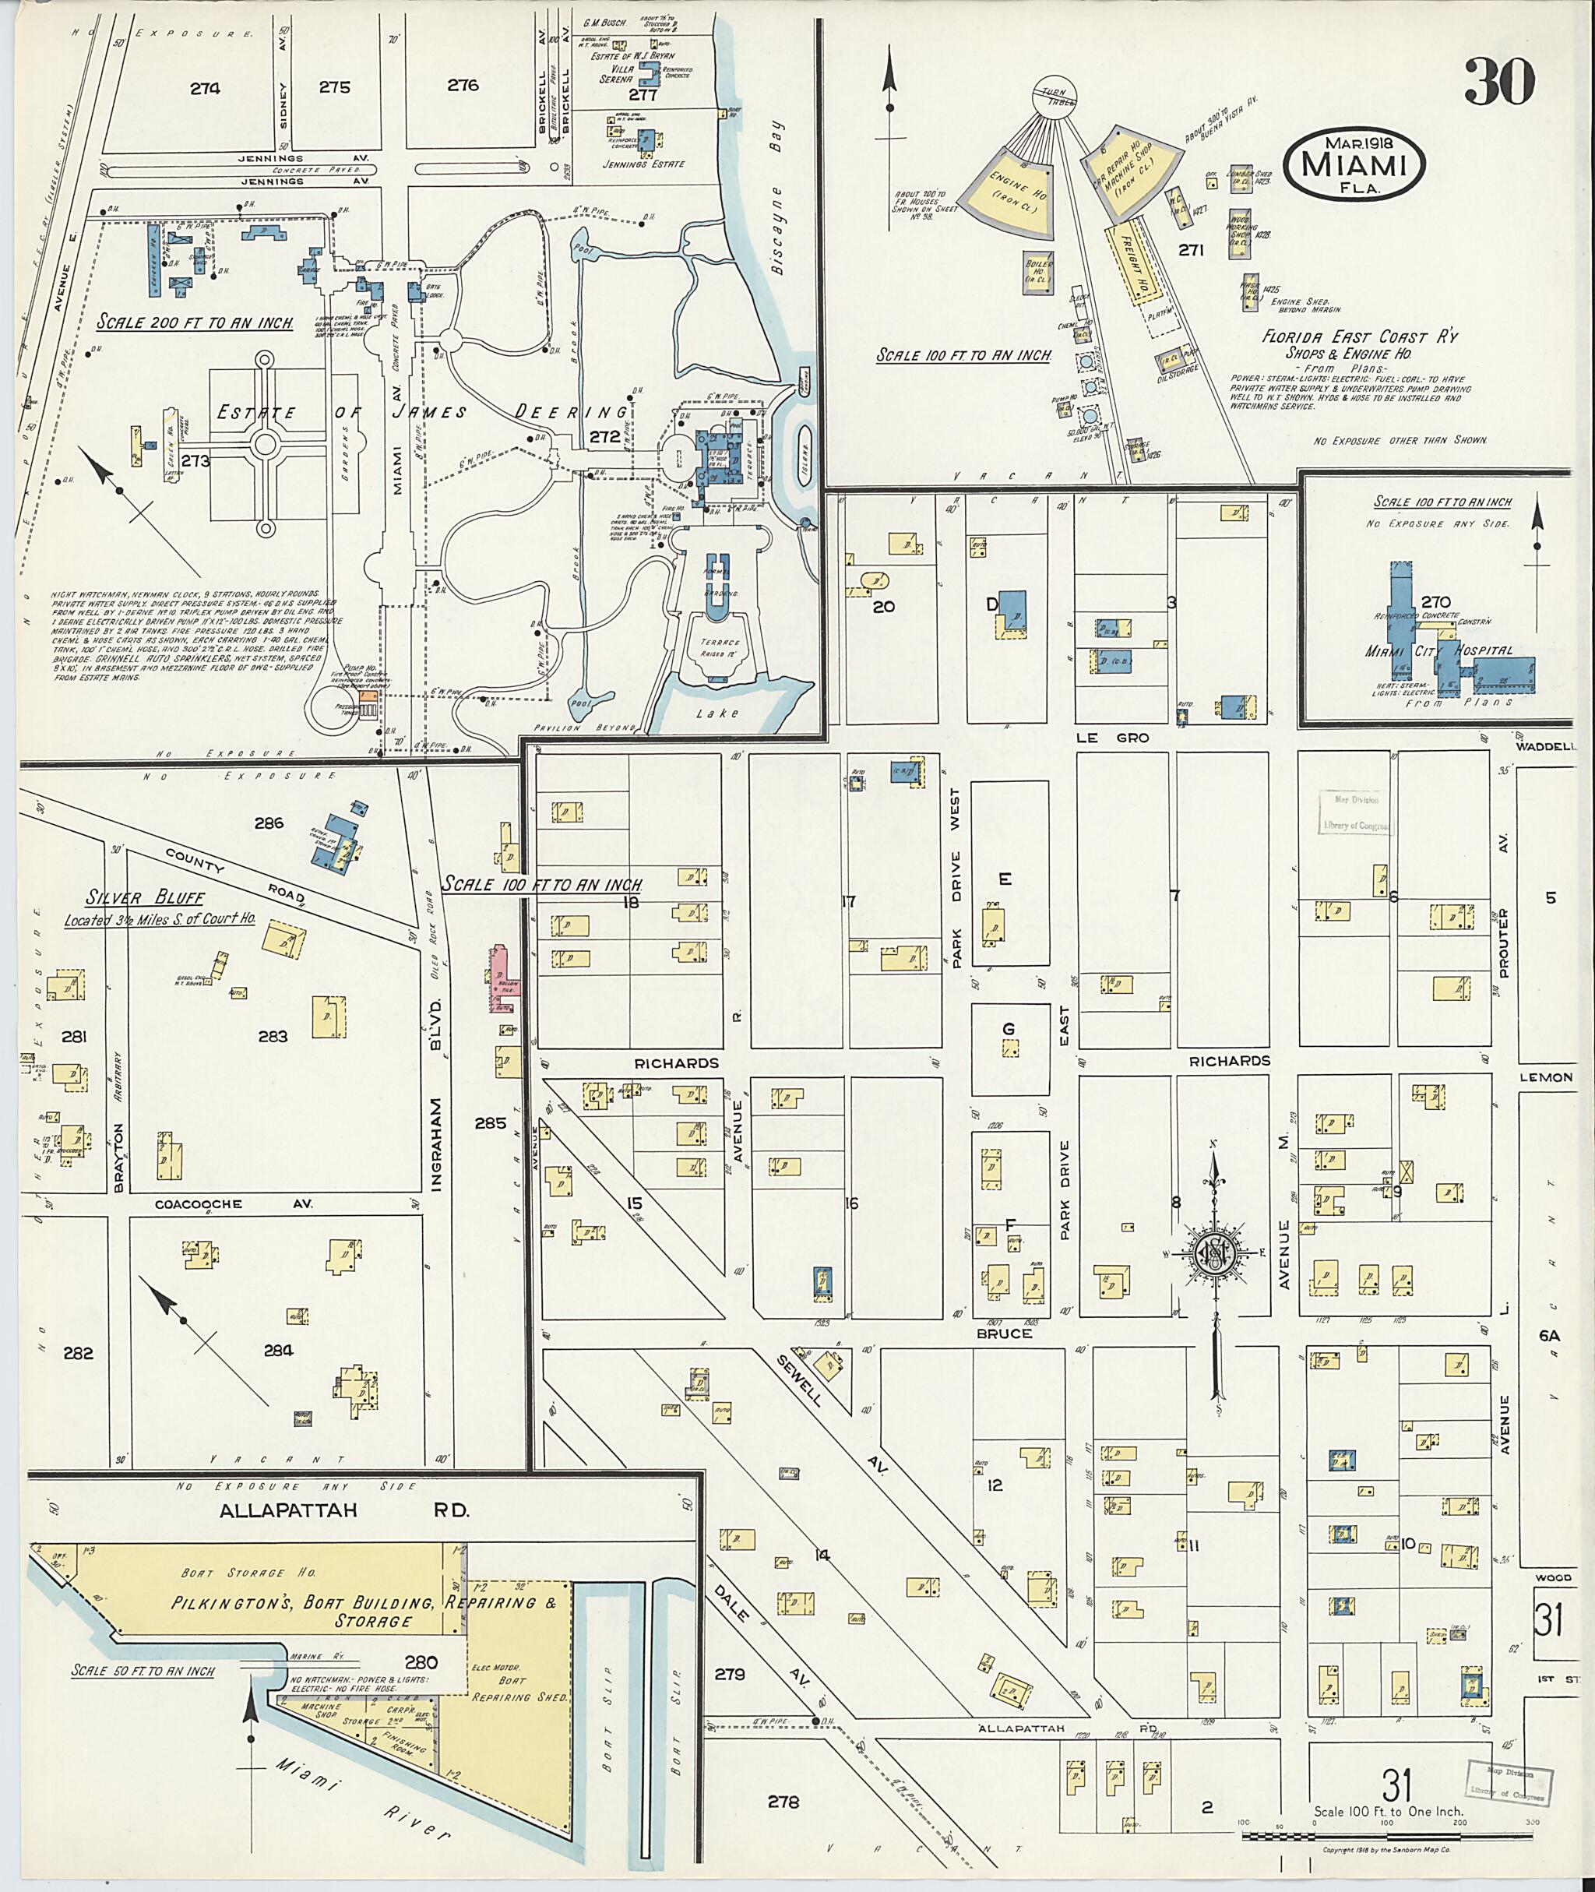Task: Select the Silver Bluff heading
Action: tap(146, 898)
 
